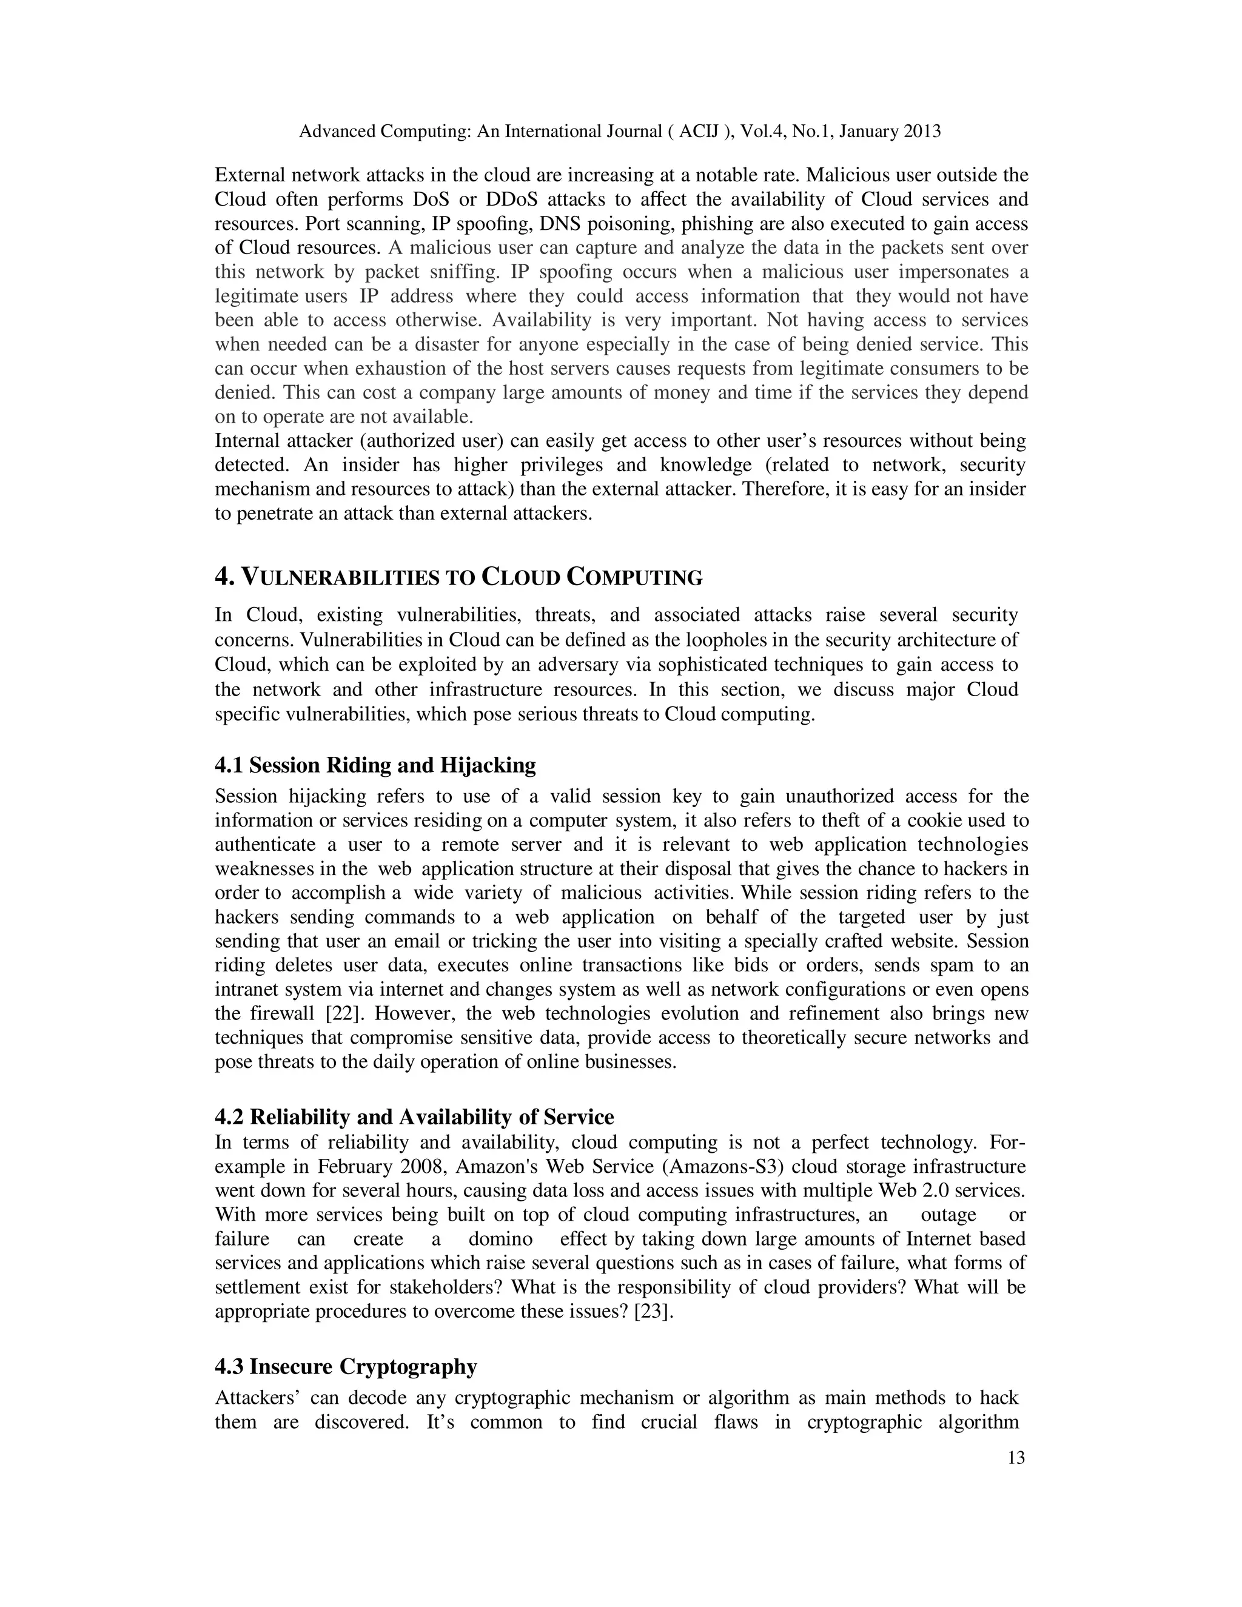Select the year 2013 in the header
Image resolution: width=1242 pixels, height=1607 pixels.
pos(919,131)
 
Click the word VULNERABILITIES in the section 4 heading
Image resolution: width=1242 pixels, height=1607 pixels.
pos(341,577)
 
